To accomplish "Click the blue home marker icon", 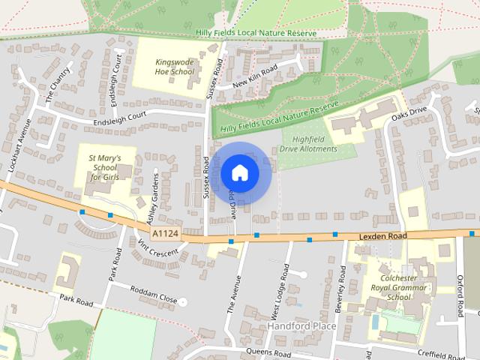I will click(239, 172).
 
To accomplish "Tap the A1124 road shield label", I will click(165, 235).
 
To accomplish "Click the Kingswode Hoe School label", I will click(174, 67).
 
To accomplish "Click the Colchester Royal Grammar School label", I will click(398, 287).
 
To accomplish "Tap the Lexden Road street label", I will click(382, 235).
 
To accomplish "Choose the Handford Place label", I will click(297, 327).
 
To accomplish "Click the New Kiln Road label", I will click(255, 77).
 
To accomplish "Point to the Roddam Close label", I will click(153, 295).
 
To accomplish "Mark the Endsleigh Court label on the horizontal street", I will click(119, 120).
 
